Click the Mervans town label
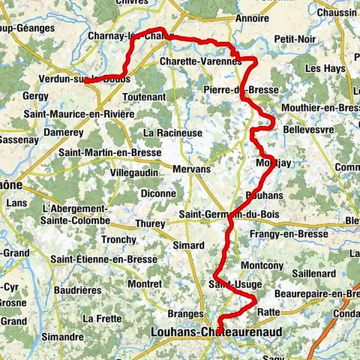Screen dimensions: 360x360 pos(191,169)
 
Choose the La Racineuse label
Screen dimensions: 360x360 pos(174,133)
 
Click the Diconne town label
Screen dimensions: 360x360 pos(158,193)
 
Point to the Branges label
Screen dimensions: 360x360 pos(186,313)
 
